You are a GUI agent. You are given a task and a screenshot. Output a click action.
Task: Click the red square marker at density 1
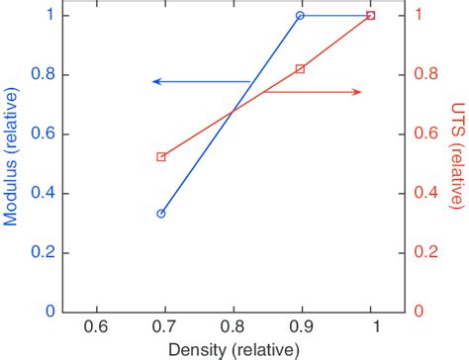tap(371, 16)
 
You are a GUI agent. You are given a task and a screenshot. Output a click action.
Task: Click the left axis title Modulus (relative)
tap(11, 163)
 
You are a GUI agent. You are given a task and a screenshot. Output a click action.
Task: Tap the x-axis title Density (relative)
tap(234, 350)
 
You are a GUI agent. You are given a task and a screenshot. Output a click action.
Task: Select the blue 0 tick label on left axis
tap(47, 312)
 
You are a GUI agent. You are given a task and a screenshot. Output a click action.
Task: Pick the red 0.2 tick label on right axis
tap(426, 252)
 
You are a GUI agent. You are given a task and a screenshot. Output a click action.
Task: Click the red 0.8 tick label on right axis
tap(426, 74)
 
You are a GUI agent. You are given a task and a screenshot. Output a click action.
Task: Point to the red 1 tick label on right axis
tap(419, 16)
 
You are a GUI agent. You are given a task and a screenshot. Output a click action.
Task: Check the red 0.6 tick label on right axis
tap(426, 134)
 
